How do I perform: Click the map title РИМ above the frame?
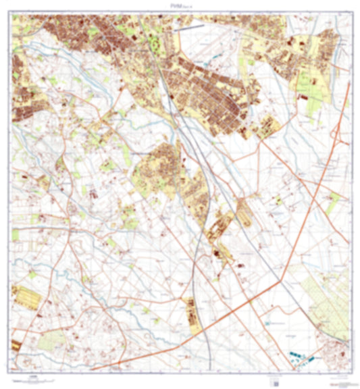click(179, 5)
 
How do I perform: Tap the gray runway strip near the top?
click(188, 28)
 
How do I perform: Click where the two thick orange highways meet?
click(281, 282)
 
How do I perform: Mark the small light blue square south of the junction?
click(269, 324)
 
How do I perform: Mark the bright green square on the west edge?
click(16, 234)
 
